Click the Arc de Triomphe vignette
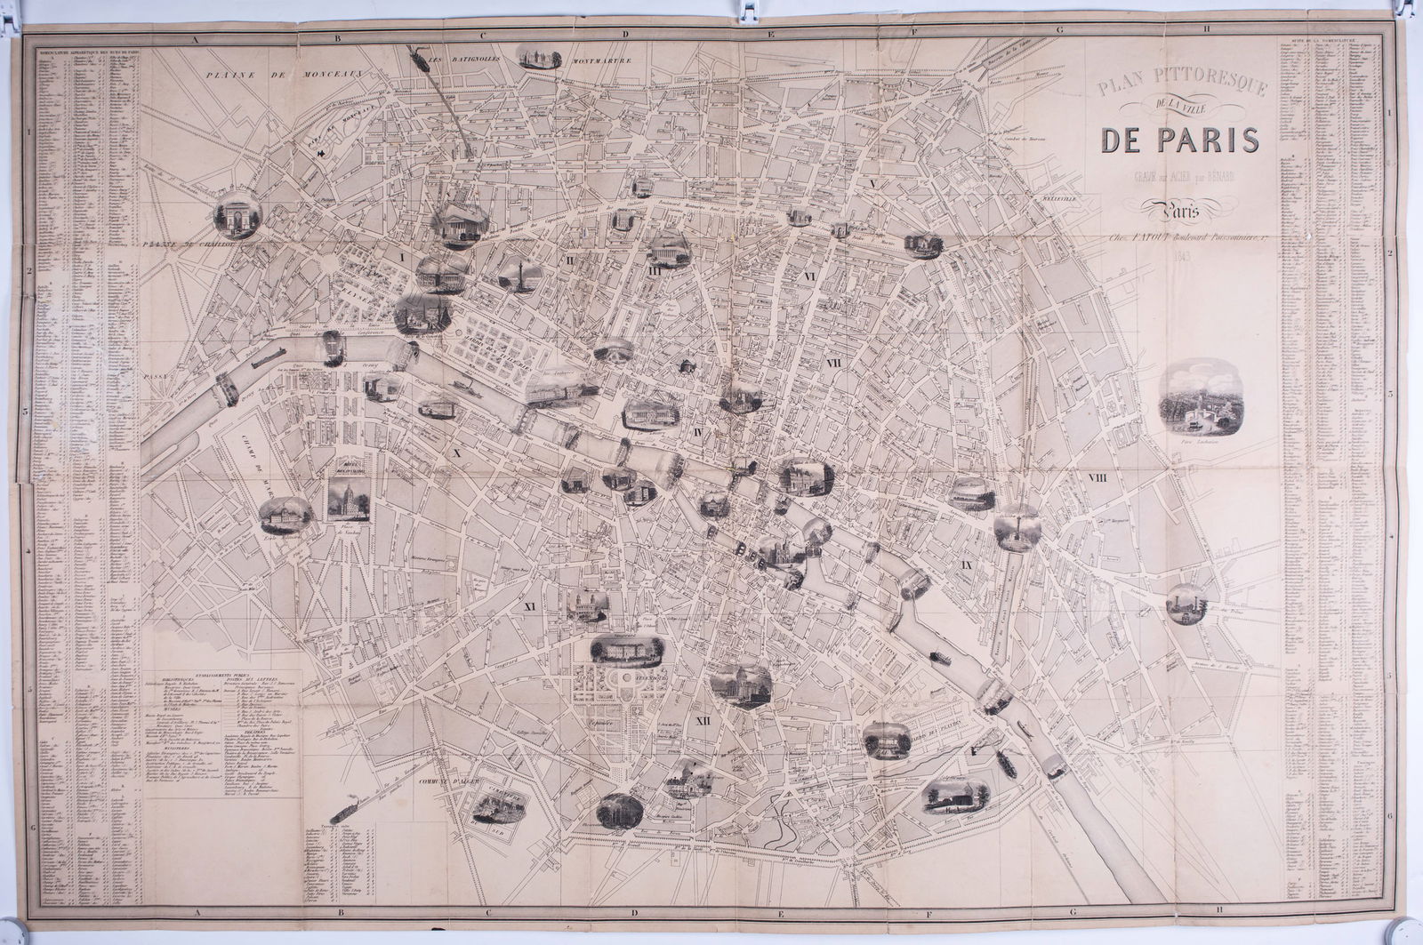238,214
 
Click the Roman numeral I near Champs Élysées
402,257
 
